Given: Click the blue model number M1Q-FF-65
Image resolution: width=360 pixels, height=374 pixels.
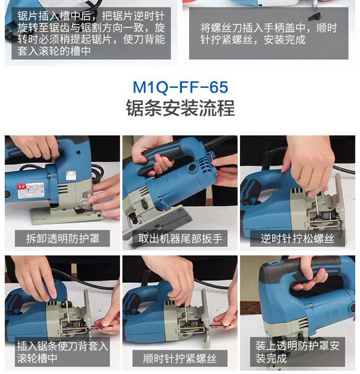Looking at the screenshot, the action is point(180,87).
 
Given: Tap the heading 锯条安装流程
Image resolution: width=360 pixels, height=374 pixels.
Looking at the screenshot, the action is point(180,108).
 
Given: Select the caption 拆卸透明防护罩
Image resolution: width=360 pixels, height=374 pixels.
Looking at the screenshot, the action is point(63,238).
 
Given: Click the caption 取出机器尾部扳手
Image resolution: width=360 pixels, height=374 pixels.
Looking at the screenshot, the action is point(180,238).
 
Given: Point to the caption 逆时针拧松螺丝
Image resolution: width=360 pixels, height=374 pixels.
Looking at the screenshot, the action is point(297,238).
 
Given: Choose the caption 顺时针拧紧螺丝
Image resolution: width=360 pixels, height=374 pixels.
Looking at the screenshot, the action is point(180,358).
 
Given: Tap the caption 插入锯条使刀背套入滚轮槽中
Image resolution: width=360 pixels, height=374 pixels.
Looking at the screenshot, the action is point(63,352).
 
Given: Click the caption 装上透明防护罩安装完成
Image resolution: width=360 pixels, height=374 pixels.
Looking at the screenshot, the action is point(297,352).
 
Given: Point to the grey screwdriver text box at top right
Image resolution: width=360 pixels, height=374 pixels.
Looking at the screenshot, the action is point(269,33).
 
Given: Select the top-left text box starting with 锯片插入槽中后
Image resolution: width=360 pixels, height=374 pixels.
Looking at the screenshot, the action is point(91,33).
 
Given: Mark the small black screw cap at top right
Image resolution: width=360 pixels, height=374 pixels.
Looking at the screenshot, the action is point(315,17).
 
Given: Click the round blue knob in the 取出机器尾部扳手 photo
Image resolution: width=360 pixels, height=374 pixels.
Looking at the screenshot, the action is point(193,168).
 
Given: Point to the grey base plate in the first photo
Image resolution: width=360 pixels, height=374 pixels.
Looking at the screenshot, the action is point(67,216).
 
